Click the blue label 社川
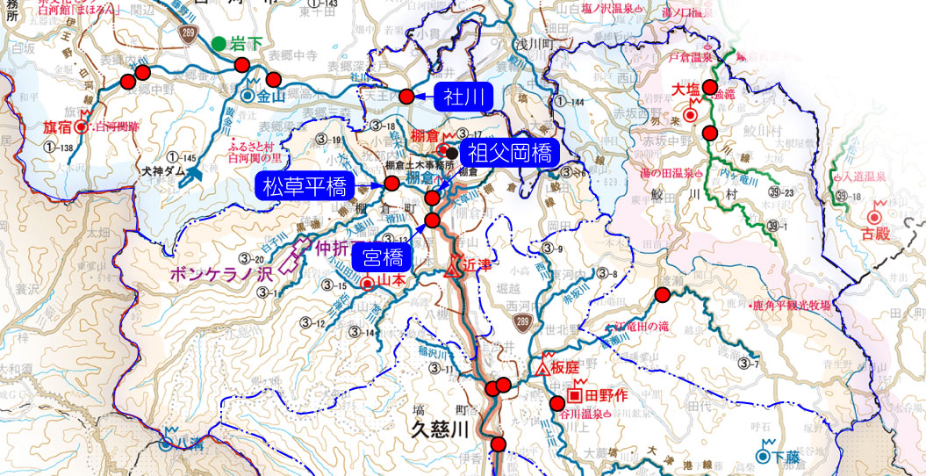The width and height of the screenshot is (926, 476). [462, 97]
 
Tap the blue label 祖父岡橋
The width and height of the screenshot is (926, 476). [509, 155]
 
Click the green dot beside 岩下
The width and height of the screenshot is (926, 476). [218, 42]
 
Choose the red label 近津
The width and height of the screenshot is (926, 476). [474, 263]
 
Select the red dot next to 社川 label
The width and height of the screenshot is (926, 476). [406, 97]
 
